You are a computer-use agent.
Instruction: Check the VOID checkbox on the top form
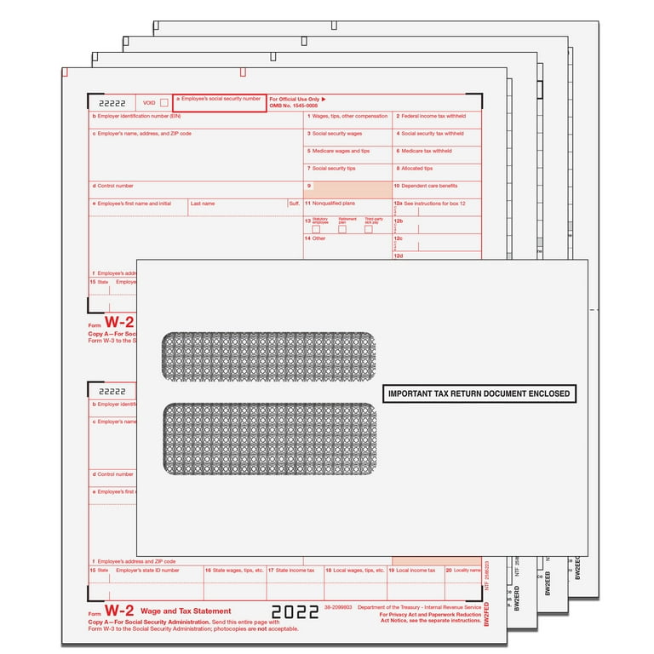[163, 102]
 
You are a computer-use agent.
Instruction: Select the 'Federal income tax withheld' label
[435, 116]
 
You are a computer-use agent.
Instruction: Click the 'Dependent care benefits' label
[429, 186]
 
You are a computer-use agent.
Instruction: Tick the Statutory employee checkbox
[317, 229]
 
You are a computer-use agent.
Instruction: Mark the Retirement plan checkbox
[342, 229]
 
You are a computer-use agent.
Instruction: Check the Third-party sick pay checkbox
[368, 229]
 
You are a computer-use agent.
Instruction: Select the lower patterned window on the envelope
[269, 439]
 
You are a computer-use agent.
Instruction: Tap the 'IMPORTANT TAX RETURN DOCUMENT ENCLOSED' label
[479, 394]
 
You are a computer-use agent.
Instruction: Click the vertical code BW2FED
[485, 611]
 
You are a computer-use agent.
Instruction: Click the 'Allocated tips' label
[417, 169]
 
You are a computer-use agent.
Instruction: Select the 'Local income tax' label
[416, 571]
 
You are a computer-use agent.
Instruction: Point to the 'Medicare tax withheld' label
[427, 151]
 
